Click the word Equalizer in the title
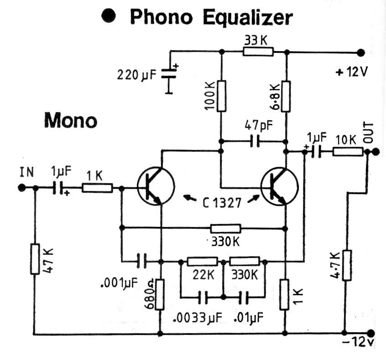click(248, 18)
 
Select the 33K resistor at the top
click(258, 51)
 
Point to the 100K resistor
click(221, 96)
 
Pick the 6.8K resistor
click(286, 96)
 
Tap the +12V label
click(351, 72)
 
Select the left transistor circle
click(156, 185)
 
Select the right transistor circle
click(279, 185)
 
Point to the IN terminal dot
click(21, 187)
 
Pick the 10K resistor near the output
click(348, 151)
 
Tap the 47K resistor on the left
click(35, 259)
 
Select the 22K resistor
click(202, 261)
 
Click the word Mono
click(70, 121)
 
